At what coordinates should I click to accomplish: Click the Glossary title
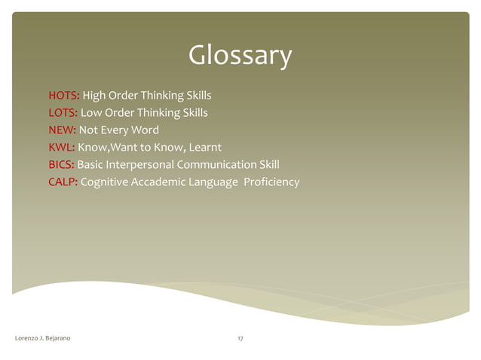pos(240,56)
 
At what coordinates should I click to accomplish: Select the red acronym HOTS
pos(63,96)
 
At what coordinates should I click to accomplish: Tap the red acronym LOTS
pos(63,113)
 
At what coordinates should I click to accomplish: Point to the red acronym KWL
pos(61,148)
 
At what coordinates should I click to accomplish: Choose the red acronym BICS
pos(61,165)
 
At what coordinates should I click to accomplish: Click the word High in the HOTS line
pos(94,96)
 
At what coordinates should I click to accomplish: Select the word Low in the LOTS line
pos(92,113)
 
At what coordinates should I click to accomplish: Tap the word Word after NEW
pos(145,130)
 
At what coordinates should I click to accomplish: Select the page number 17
pos(240,340)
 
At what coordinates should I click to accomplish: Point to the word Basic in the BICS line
pos(90,165)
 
